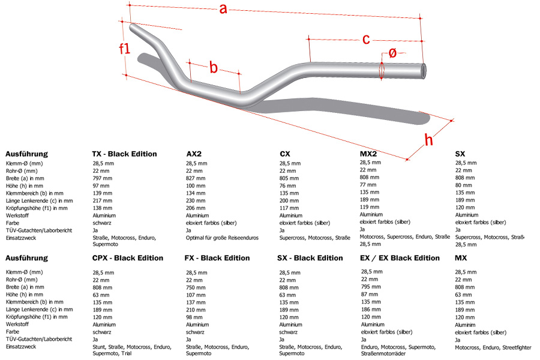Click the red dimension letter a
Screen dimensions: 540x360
coord(223,8)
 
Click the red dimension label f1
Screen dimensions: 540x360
coord(124,49)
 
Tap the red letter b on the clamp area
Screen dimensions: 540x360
coord(214,67)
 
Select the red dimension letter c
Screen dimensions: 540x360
coord(366,39)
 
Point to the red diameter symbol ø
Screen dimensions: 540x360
coord(392,53)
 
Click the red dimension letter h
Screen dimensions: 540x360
coord(428,140)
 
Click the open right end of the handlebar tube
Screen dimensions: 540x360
coord(424,71)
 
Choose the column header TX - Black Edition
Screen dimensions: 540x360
coord(124,154)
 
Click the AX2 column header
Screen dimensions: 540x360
coord(194,154)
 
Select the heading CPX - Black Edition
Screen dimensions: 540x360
coord(127,258)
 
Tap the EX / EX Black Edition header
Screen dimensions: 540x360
coord(400,258)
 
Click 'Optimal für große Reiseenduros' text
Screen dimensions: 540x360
coord(222,238)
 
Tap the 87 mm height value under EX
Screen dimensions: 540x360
coord(370,294)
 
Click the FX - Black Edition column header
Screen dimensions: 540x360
coord(217,258)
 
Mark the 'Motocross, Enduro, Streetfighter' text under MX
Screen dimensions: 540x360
coord(493,347)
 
